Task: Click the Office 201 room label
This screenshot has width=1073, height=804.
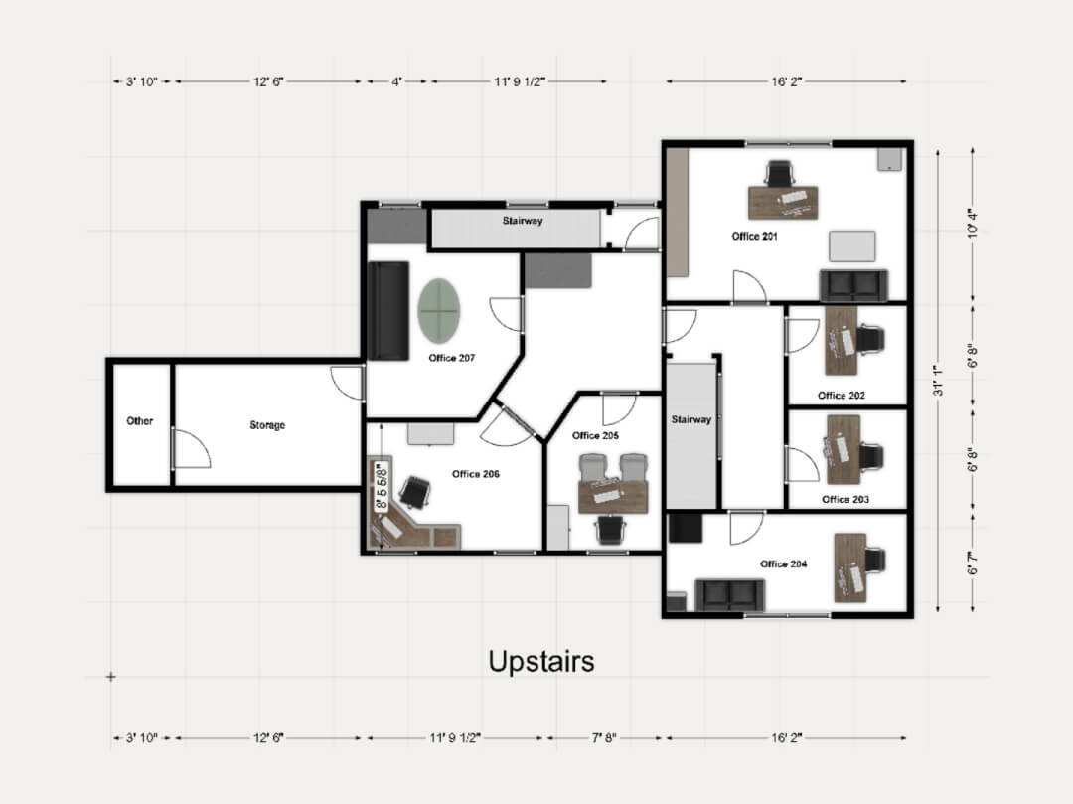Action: point(754,237)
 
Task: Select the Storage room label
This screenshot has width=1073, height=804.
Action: point(267,425)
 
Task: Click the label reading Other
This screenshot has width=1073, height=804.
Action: point(140,421)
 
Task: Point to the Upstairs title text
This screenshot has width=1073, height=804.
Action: point(541,661)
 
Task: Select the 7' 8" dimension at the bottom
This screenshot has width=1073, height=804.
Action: point(603,738)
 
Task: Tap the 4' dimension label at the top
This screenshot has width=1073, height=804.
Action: point(396,82)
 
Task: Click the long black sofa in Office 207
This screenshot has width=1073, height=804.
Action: point(388,311)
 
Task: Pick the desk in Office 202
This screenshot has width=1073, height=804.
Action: point(841,340)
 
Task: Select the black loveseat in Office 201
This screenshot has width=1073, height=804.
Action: point(853,285)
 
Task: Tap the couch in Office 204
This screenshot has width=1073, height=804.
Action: point(729,595)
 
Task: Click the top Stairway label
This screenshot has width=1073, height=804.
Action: point(522,221)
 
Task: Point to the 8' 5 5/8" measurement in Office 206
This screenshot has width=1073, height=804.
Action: point(381,484)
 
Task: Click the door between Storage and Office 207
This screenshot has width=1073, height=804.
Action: point(349,383)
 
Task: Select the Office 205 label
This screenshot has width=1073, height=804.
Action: point(595,435)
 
